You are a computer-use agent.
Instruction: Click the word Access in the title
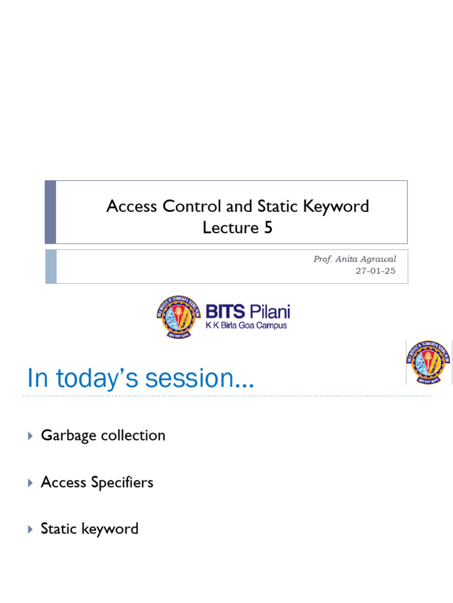[131, 207]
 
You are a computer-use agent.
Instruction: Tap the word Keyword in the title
[341, 207]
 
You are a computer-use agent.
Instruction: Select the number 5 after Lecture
[268, 228]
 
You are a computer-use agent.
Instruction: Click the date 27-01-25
[376, 271]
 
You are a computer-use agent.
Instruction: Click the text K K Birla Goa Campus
[246, 325]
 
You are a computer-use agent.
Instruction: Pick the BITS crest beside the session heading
[429, 362]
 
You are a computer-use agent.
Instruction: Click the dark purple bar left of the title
[51, 212]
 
